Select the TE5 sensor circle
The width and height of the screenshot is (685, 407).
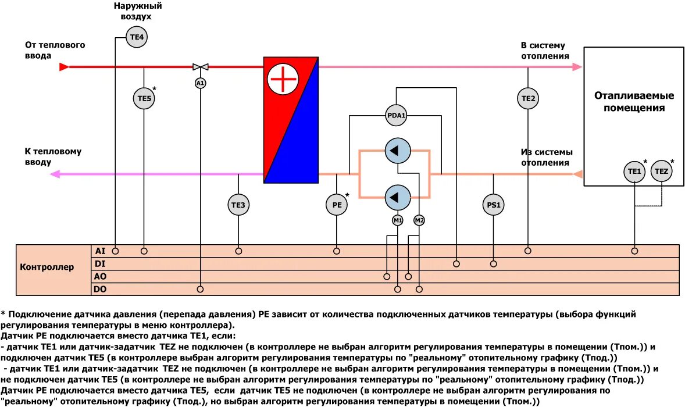pos(144,98)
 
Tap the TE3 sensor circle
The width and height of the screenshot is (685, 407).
pos(238,205)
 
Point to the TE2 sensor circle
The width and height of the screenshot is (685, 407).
pos(528,98)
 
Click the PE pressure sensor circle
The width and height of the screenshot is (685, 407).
pos(337,205)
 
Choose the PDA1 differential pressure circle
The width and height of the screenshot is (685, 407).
pos(397,115)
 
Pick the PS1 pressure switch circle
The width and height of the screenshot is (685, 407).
pos(493,205)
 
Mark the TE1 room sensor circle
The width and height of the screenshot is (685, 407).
pos(634,172)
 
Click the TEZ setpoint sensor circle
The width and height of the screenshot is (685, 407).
pos(662,172)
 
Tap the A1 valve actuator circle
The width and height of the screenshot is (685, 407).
pos(200,83)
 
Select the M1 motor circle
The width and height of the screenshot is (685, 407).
pos(398,220)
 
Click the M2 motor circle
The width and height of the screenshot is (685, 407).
pos(419,220)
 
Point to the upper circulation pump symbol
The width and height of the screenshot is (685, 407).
pos(397,151)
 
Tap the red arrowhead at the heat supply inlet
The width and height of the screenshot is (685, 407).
pos(64,67)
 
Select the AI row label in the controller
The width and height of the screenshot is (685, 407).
pos(100,251)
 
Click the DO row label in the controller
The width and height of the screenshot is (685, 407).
pos(100,289)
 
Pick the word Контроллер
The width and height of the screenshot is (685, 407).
pos(47,267)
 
